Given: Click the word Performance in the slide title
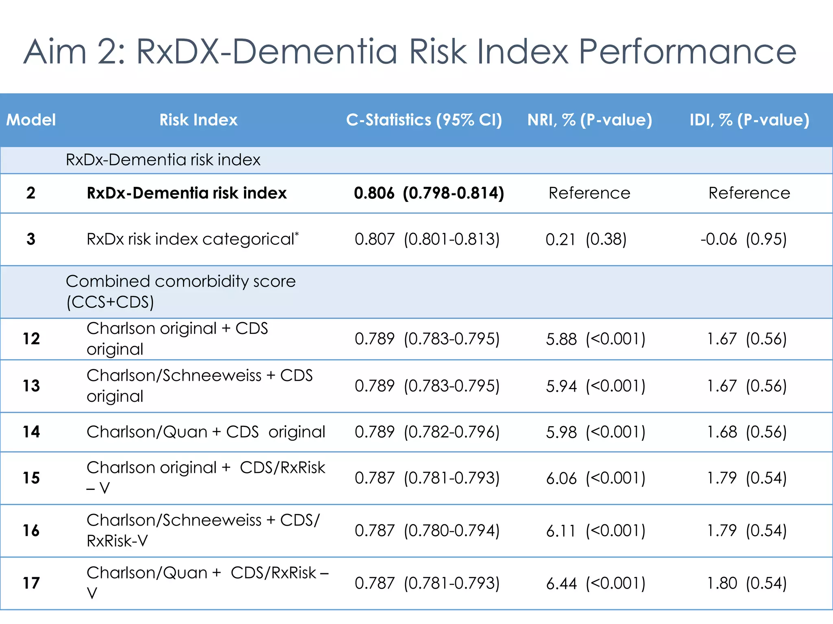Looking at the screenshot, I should (687, 52).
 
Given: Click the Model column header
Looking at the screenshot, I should (31, 120).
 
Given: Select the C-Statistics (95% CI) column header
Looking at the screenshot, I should (424, 120).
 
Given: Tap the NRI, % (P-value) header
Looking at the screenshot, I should (589, 120).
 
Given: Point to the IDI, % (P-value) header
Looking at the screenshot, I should (749, 120).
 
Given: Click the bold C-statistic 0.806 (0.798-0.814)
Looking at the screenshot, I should (429, 193).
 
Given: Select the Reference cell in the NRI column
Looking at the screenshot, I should (589, 193).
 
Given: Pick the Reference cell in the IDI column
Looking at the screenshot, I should (749, 193).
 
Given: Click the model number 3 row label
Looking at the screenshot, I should (31, 239).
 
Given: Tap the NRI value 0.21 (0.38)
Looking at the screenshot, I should (586, 239).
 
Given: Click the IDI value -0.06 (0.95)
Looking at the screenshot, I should (744, 239).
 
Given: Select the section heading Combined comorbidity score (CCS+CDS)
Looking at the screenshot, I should (181, 292).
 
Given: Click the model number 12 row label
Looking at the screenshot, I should (31, 339).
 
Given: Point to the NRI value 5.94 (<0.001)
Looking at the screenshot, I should (595, 386).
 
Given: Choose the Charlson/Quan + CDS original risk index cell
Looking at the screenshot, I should (206, 432).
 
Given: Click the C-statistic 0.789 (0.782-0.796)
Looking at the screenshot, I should (427, 432).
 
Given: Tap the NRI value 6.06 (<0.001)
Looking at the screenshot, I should (595, 478).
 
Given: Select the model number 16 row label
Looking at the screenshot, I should (31, 531).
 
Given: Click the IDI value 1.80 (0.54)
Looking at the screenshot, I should (747, 583).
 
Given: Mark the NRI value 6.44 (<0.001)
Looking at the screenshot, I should (595, 583).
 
